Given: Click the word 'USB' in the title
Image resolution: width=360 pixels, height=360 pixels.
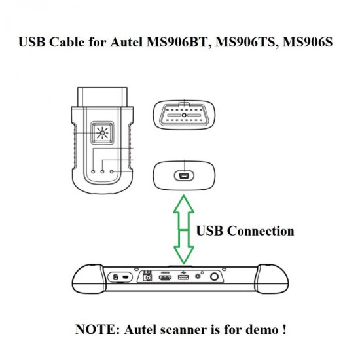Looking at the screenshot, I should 33,43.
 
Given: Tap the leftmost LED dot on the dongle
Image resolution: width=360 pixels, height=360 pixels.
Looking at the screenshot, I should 92,173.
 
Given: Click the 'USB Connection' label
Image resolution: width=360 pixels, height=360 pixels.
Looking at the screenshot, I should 245,231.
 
